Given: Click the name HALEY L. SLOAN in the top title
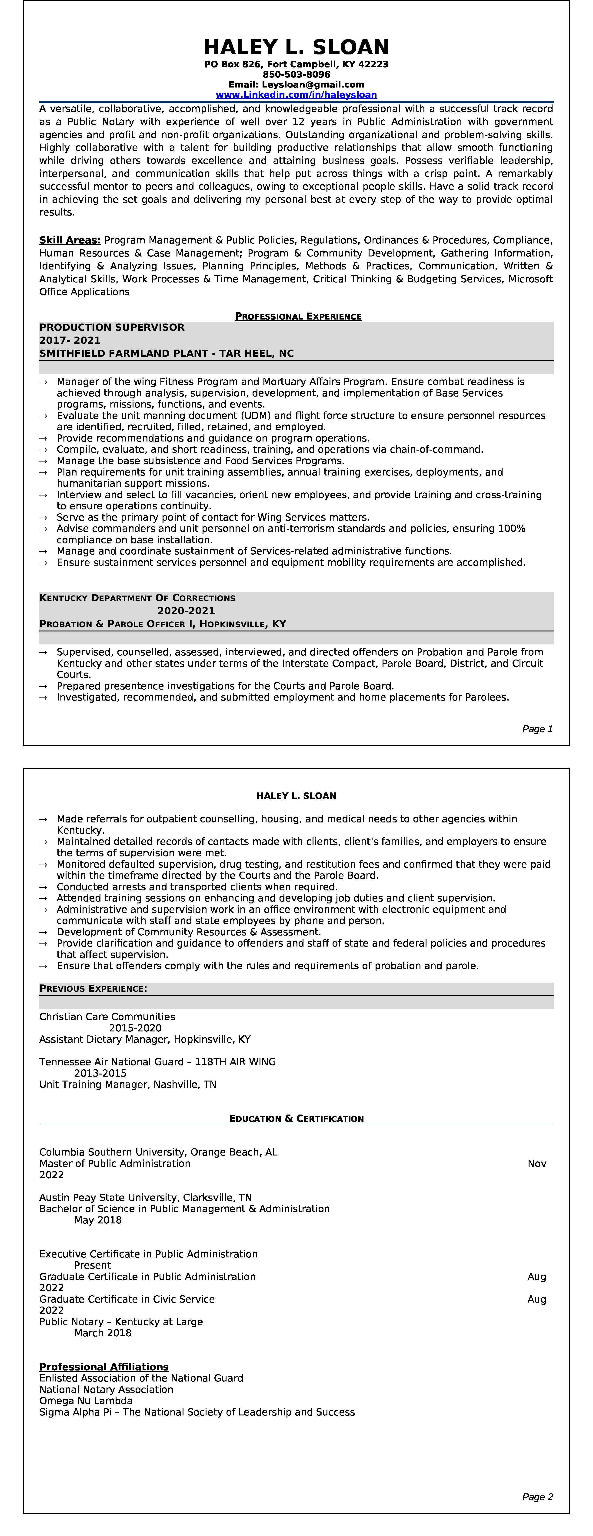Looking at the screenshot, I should click(x=296, y=47).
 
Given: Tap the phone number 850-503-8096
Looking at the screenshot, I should click(x=296, y=74).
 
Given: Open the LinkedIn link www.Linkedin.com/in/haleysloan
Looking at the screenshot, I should click(x=296, y=95).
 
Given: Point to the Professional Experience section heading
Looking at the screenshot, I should click(x=298, y=317).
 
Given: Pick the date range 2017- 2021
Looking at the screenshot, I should click(x=70, y=340).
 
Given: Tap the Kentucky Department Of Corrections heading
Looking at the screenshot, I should click(x=137, y=598).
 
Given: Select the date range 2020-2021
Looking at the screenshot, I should click(x=186, y=611).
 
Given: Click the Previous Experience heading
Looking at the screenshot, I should click(x=93, y=989).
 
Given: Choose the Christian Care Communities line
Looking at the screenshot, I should click(x=107, y=1017).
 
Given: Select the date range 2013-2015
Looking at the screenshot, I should click(x=100, y=1073).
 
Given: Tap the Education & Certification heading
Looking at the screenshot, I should click(x=296, y=1119).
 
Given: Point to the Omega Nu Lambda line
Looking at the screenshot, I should click(x=86, y=1401).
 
